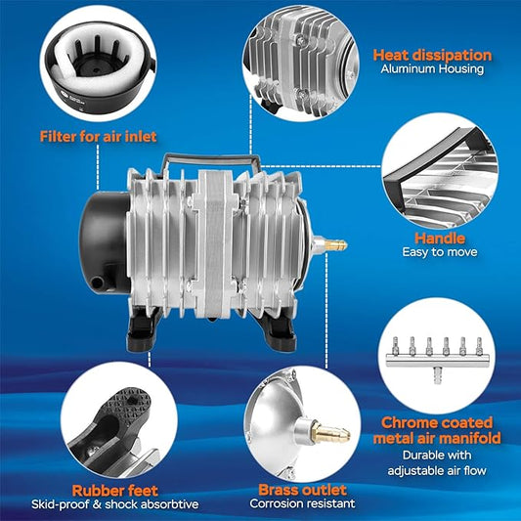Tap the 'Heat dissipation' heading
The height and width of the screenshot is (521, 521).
point(432,56)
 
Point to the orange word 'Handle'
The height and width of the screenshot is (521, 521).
point(439,238)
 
